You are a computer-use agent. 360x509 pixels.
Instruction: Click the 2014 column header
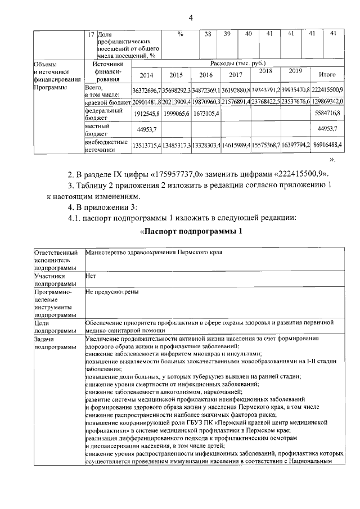pos(146,75)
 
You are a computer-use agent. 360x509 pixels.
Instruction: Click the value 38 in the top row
pos(208,34)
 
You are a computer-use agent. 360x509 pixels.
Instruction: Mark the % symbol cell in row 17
pos(180,34)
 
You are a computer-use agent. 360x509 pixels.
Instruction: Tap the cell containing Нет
pos(91,276)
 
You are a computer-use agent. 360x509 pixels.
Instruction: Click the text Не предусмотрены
pos(111,292)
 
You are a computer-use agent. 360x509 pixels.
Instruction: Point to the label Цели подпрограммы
pos(49,327)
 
